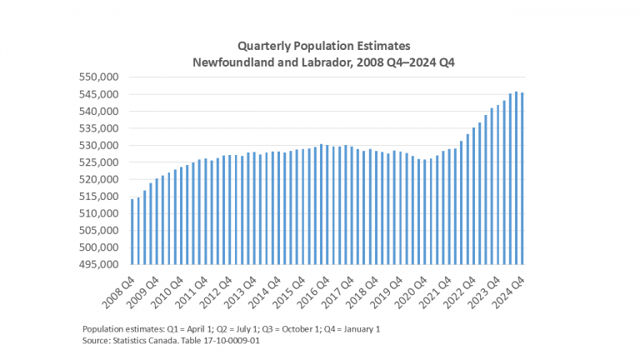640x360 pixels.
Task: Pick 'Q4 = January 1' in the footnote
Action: pos(348,328)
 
